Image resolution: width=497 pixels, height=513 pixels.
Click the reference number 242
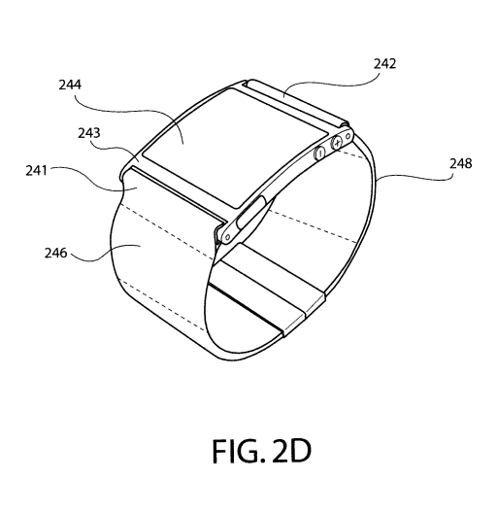click(x=384, y=63)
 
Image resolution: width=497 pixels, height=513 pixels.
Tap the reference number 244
click(x=70, y=85)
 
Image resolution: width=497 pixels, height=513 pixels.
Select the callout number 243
click(x=89, y=133)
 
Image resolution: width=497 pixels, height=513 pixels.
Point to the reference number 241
click(x=36, y=170)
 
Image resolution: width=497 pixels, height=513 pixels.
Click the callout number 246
click(x=55, y=253)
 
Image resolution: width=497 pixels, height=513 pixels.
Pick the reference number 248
click(x=461, y=163)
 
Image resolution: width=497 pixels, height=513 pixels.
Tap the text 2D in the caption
click(x=291, y=452)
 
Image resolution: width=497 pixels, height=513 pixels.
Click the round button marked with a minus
click(x=319, y=153)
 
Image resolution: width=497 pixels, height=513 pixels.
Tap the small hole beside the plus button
click(x=348, y=135)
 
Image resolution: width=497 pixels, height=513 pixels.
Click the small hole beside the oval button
click(x=228, y=237)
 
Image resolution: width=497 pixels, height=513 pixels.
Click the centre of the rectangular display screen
click(x=235, y=149)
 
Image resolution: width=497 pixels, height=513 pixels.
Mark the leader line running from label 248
click(x=414, y=177)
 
